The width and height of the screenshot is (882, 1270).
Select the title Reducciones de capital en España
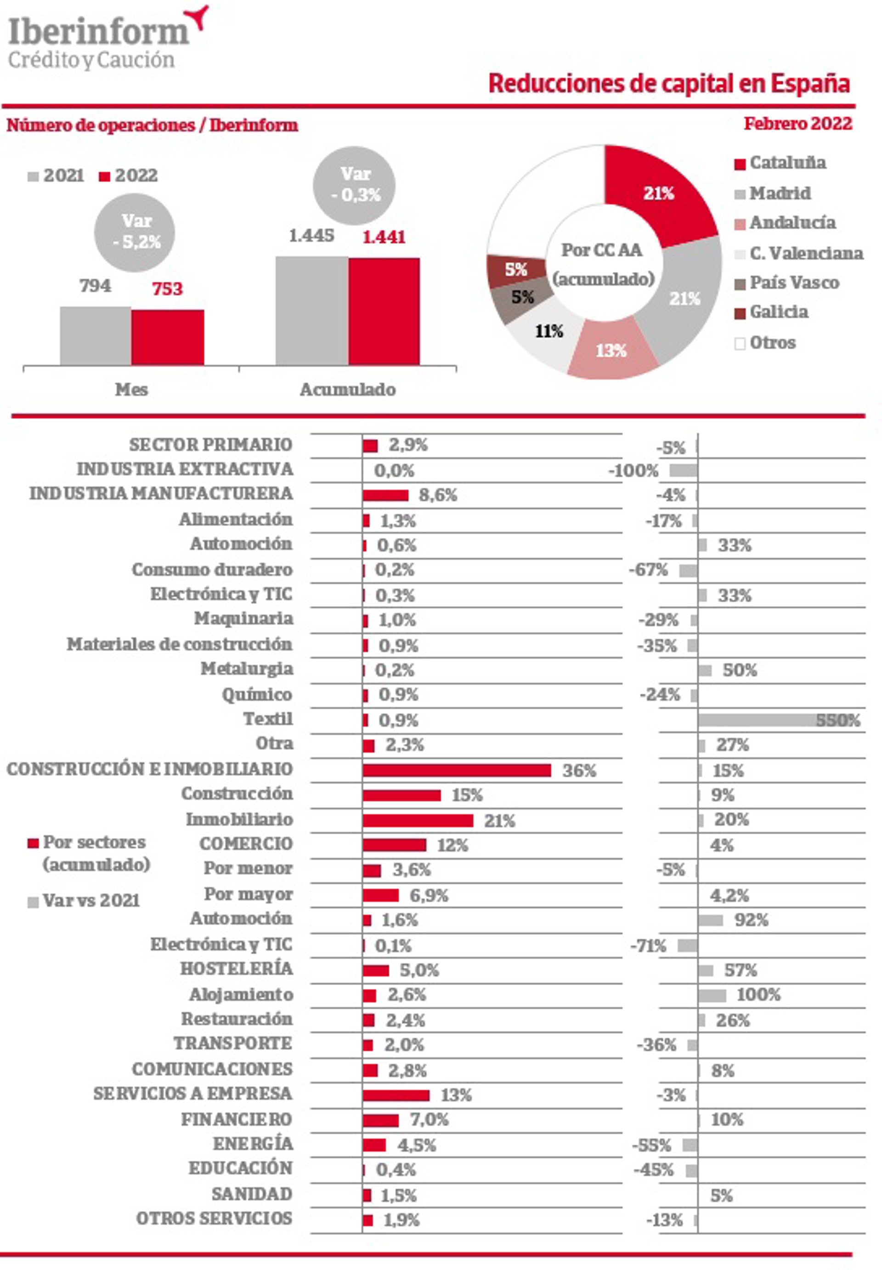click(669, 84)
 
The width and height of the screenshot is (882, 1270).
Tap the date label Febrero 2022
click(797, 123)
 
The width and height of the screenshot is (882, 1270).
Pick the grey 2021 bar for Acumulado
click(311, 310)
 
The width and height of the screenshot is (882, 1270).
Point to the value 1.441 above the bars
click(384, 237)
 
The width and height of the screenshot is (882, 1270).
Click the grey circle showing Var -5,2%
click(135, 232)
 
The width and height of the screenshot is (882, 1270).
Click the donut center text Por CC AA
click(602, 250)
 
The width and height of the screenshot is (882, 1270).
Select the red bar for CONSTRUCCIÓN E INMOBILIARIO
click(457, 770)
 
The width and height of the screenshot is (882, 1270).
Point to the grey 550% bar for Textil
click(774, 720)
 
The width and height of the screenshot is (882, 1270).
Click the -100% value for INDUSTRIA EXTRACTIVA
click(633, 471)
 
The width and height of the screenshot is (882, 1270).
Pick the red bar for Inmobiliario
click(418, 820)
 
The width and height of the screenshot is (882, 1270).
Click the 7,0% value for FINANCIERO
click(429, 1120)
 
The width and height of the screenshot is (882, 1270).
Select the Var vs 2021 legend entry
click(84, 900)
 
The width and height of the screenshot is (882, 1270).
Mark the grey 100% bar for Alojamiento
click(712, 995)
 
